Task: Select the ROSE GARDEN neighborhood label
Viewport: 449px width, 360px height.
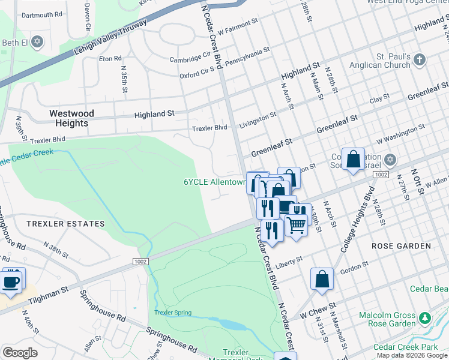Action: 401,246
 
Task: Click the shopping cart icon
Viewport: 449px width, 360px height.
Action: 296,226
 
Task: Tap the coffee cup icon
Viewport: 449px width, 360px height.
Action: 12,281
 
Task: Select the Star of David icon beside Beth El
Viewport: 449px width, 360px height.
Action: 37,42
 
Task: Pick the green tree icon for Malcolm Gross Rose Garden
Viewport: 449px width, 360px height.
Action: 425,317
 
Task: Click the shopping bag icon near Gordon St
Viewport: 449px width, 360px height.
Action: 322,278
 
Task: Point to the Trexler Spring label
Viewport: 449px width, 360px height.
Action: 172,313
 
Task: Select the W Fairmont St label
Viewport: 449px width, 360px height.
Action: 238,29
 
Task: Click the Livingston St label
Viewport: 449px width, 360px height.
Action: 258,119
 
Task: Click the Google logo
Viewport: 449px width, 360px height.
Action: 20,353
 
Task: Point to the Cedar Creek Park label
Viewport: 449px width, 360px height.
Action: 406,347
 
